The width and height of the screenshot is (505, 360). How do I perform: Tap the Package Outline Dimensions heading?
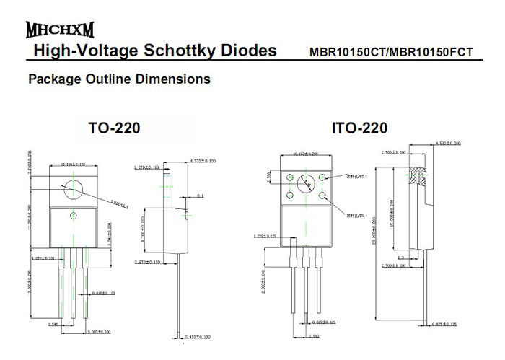tap(119, 79)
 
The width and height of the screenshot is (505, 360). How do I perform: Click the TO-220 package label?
tap(114, 129)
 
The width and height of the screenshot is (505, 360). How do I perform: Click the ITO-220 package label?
tap(359, 129)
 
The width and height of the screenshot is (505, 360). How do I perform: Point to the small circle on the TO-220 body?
tap(73, 216)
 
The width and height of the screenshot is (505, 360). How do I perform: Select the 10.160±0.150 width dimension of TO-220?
tap(74, 164)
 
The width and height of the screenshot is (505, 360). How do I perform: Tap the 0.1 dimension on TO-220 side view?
tap(200, 196)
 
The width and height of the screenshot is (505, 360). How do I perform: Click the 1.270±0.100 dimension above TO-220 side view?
tap(148, 167)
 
